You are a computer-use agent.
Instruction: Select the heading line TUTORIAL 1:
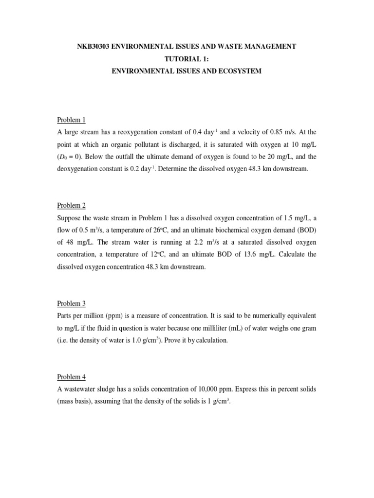pos(187,59)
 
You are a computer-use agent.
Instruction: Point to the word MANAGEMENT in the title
pos(266,46)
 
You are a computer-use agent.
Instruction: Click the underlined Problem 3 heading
pos(71,303)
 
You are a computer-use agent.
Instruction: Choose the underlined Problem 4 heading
pos(71,377)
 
